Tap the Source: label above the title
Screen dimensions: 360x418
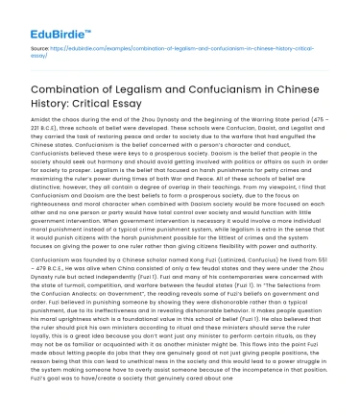pos(39,47)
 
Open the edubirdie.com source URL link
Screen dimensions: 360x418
pos(173,50)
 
